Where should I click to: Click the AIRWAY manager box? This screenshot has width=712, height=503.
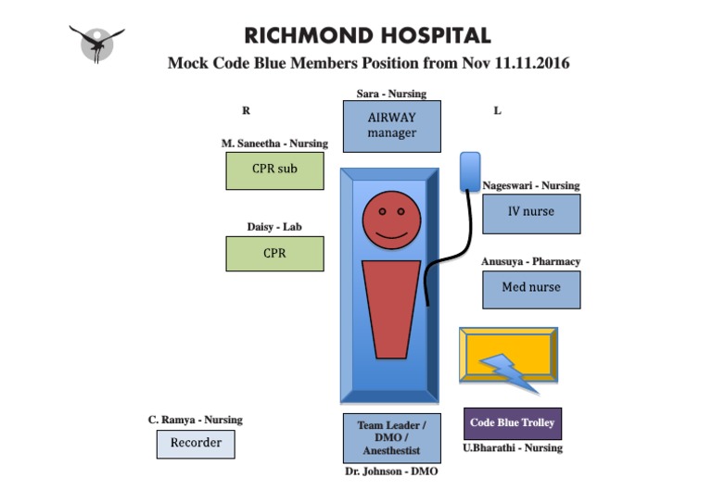click(391, 126)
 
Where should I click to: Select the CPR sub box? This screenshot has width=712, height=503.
click(274, 170)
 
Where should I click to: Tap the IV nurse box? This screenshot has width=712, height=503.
click(531, 213)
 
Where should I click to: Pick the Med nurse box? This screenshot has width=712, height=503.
click(531, 289)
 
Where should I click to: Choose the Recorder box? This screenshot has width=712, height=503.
click(196, 444)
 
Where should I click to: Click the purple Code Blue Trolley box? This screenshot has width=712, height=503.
click(513, 423)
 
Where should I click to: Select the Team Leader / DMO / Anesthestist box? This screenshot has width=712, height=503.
click(391, 438)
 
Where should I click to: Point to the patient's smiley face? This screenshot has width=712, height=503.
click(391, 221)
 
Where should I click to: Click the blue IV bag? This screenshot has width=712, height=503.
click(470, 171)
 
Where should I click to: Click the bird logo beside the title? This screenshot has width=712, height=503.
click(97, 43)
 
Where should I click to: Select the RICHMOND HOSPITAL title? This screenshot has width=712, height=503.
click(367, 36)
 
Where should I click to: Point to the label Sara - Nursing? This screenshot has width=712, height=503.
click(391, 94)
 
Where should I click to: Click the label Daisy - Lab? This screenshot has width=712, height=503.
click(274, 227)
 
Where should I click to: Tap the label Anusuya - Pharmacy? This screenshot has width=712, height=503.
click(530, 262)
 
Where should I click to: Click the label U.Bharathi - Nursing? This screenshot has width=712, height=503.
click(513, 448)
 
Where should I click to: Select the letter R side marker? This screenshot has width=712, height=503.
click(247, 110)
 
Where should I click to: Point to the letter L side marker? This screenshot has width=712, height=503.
click(497, 110)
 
